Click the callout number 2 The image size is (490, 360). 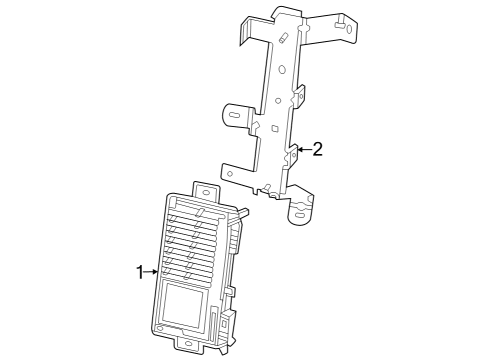coord(317,150)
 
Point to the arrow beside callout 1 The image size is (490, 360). coord(152,271)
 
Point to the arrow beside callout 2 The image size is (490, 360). coord(301,150)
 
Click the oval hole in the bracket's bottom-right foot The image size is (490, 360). coord(300,211)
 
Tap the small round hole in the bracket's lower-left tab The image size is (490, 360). coord(230,173)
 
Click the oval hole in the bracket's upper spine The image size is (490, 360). coord(281,72)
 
